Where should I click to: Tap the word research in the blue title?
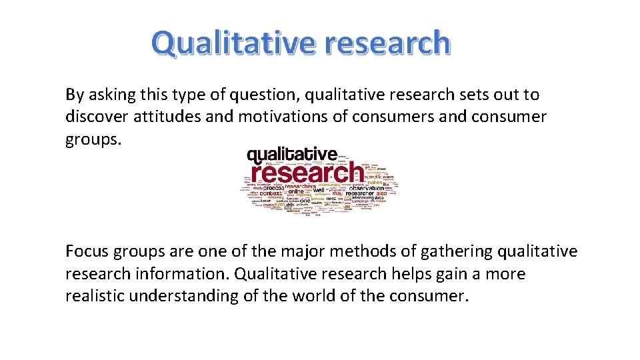click(387, 43)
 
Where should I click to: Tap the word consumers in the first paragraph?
click(388, 117)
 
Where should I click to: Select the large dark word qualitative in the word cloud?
click(292, 156)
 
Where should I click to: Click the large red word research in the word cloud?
click(305, 174)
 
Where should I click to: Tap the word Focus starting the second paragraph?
click(87, 251)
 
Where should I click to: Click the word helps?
click(411, 274)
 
